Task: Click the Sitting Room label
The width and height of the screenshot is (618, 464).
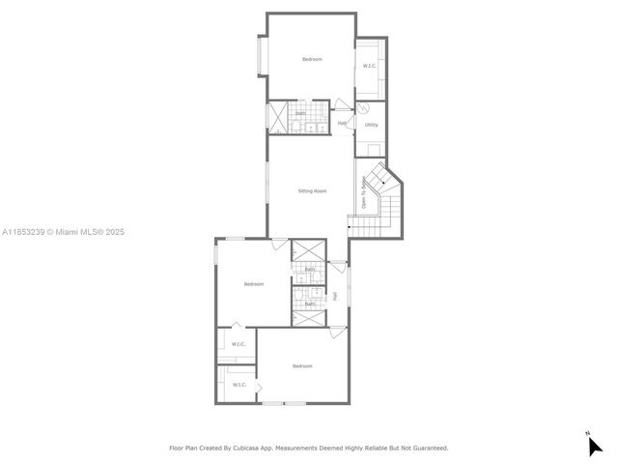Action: click(x=312, y=191)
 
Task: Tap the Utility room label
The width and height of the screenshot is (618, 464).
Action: click(x=371, y=125)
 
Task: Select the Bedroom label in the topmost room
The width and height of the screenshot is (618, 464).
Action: click(x=312, y=60)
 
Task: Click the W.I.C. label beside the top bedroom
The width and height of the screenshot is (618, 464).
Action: click(x=370, y=66)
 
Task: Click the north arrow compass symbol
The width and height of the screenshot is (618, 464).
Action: click(x=594, y=445)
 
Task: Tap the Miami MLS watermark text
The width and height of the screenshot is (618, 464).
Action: click(x=63, y=232)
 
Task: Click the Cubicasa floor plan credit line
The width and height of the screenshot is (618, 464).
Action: click(x=309, y=448)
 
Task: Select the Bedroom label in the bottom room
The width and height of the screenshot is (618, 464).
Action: click(x=303, y=365)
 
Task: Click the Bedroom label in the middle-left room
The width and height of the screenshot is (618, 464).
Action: click(x=254, y=284)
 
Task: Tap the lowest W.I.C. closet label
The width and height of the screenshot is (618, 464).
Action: click(x=239, y=385)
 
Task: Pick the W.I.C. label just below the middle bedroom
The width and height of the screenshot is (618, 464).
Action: click(x=238, y=344)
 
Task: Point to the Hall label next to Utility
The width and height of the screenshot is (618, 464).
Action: click(x=342, y=123)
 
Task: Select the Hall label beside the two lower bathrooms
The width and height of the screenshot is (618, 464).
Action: click(x=335, y=296)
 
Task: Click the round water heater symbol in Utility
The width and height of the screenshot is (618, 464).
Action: click(x=364, y=108)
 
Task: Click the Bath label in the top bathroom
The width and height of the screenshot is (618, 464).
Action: click(x=300, y=113)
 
